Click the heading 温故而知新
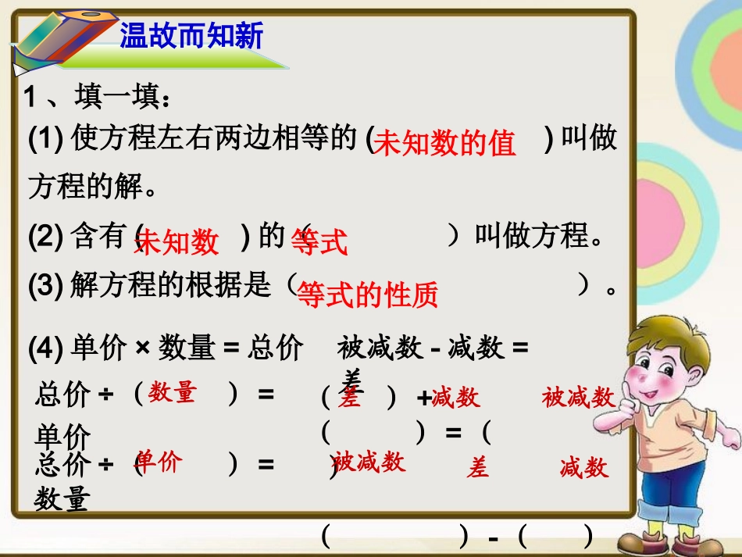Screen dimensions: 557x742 pos(191,36)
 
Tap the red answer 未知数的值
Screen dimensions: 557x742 pos(445,144)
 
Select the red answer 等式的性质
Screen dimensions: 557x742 pos(368,295)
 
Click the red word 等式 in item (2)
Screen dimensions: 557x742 pos(319,242)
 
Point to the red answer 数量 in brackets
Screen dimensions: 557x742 pos(173,392)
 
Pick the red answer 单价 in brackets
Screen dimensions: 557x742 pos(158,462)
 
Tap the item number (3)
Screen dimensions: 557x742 pos(45,287)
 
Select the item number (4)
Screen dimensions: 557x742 pos(45,349)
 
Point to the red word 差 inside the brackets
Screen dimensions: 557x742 pos(349,398)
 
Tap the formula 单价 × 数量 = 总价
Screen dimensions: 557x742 pos(186,349)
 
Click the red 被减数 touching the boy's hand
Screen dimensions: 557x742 pos(578,398)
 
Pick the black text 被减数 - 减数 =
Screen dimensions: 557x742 pos(433,348)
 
